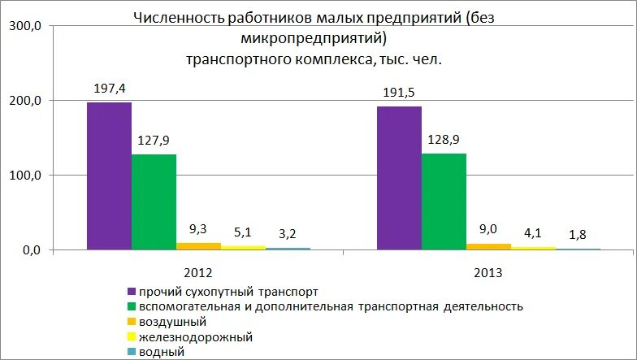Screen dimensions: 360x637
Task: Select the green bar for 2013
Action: pos(444,201)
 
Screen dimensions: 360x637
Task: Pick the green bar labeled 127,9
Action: pos(154,202)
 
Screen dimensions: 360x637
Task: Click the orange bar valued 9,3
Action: pos(198,245)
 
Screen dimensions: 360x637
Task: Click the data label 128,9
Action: pos(444,138)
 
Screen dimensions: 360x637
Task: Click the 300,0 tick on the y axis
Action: pos(25,26)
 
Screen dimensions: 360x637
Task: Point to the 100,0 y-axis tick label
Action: pos(25,176)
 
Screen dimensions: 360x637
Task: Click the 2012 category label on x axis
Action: pos(198,272)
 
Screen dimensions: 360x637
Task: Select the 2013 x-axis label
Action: pos(488,272)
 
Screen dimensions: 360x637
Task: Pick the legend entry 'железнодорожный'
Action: pos(196,336)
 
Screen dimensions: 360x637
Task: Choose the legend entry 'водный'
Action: pos(162,352)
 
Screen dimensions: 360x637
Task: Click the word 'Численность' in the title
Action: pos(170,18)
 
